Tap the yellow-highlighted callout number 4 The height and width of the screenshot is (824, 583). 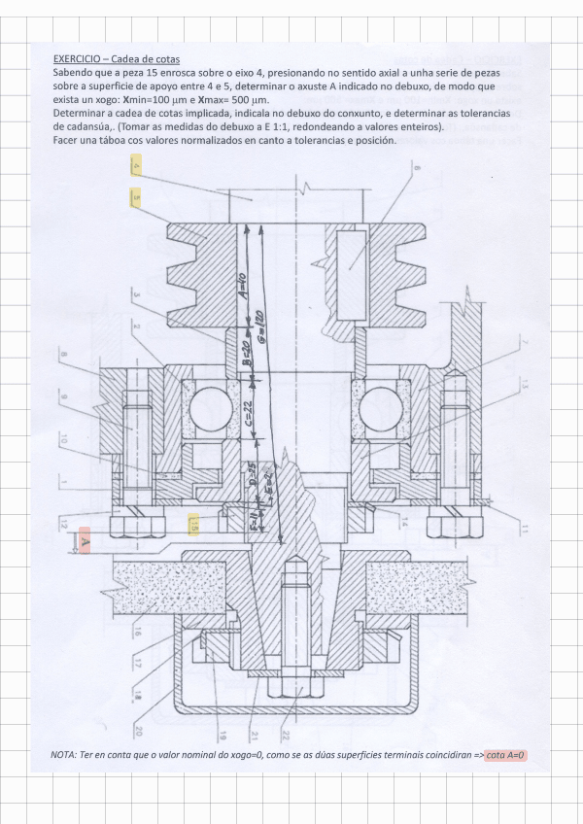pyautogui.click(x=135, y=166)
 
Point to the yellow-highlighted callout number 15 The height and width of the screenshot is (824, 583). pyautogui.click(x=194, y=525)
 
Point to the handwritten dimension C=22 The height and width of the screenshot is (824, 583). pyautogui.click(x=249, y=413)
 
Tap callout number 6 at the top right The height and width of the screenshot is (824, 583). pyautogui.click(x=416, y=169)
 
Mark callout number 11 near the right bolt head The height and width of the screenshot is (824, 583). pyautogui.click(x=523, y=529)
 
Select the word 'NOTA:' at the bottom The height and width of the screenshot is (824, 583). pyautogui.click(x=66, y=755)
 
